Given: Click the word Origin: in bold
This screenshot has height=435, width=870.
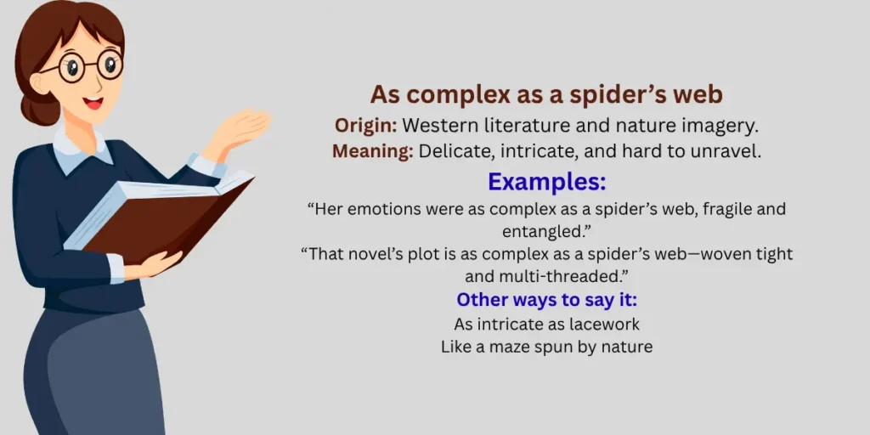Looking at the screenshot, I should pos(365,126).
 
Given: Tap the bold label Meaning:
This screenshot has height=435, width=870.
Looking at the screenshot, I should pos(372,152).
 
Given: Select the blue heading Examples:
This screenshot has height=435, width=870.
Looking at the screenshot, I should pos(545,182).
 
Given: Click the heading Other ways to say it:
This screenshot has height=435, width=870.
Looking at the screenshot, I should pos(545,300).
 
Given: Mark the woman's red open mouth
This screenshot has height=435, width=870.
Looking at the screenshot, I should pos(93,104).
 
